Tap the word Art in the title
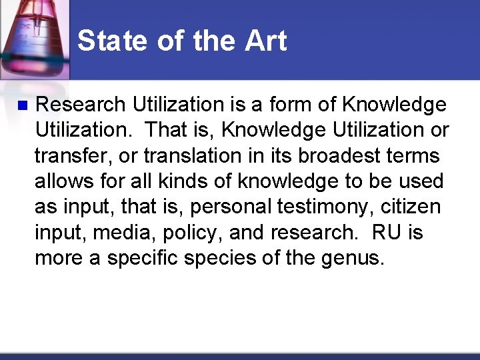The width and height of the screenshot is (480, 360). pyautogui.click(x=265, y=41)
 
